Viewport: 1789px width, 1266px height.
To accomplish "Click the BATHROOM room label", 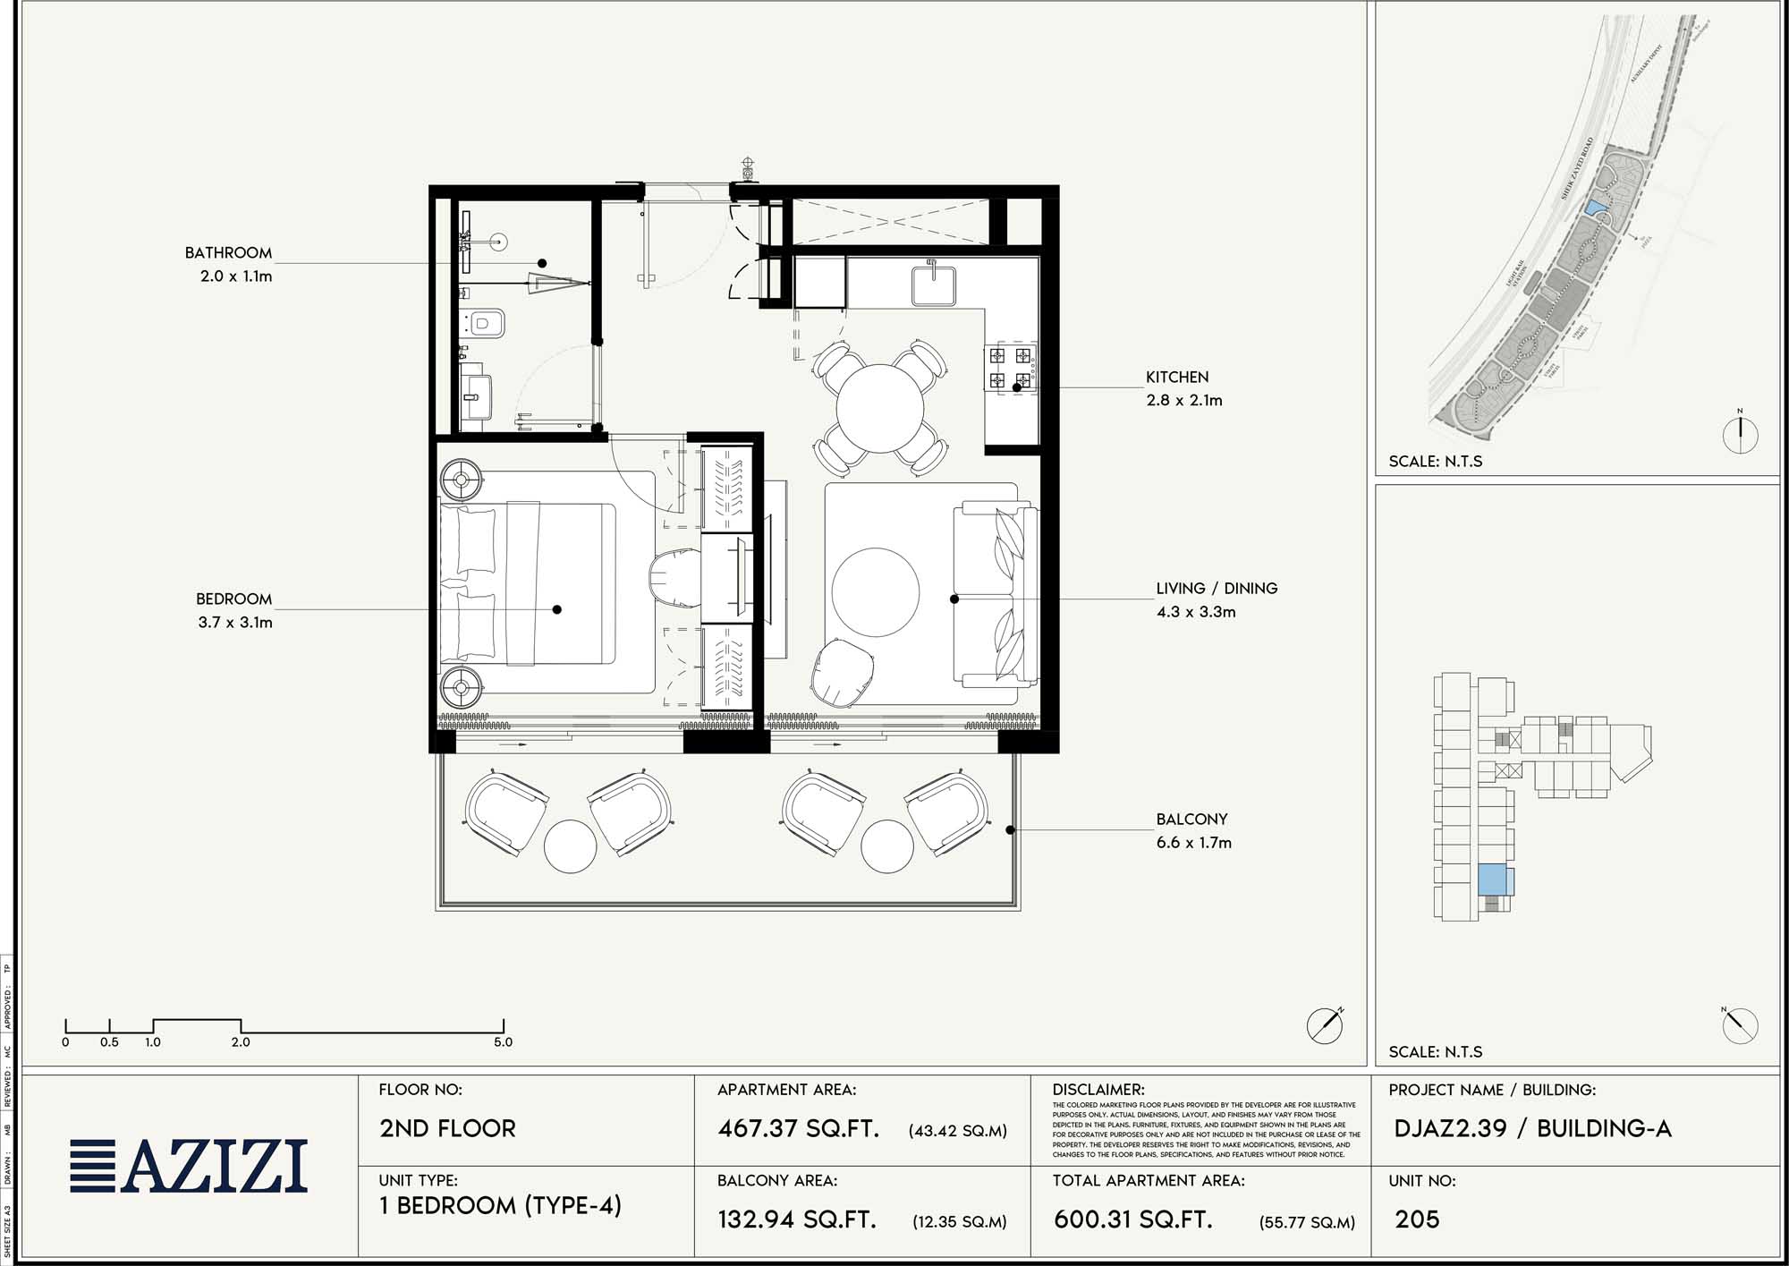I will pos(228,253).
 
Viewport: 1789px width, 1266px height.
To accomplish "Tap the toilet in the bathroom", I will pos(486,322).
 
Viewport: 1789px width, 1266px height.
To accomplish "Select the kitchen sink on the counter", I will pos(934,285).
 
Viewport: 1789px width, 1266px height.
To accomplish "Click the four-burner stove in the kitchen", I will pos(1011,368).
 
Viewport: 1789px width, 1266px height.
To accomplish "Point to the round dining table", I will pos(880,408).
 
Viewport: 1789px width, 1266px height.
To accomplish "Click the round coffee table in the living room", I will pos(875,592).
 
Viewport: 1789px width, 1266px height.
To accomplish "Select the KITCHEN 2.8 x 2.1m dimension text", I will pos(1184,400).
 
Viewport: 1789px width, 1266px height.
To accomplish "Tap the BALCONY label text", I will pos(1191,819).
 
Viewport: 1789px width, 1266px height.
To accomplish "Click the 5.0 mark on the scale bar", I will pos(503,1041).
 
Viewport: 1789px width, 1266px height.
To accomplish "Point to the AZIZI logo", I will pos(190,1166).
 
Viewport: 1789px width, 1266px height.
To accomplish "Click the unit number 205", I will pos(1417,1219).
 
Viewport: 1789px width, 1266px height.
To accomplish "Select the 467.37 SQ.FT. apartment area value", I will pos(798,1128).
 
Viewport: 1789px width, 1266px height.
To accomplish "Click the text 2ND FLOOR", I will pos(447,1128).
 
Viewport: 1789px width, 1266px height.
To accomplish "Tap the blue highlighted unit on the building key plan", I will pos(1491,879).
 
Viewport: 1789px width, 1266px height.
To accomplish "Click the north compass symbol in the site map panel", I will pos(1740,435).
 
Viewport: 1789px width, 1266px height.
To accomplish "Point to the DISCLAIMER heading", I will pos(1098,1090).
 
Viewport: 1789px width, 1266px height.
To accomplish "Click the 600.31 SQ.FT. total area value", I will pos(1132,1219).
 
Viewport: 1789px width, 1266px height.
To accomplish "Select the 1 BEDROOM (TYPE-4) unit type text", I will pos(499,1206).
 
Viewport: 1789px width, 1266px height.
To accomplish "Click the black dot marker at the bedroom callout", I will pos(557,609).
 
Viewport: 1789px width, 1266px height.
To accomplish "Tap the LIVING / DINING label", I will pos(1217,588).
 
